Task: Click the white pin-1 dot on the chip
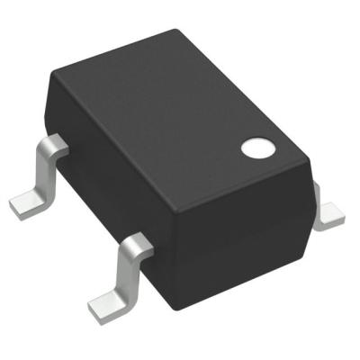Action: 257,147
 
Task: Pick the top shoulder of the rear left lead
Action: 55,144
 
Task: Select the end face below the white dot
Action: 243,234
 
